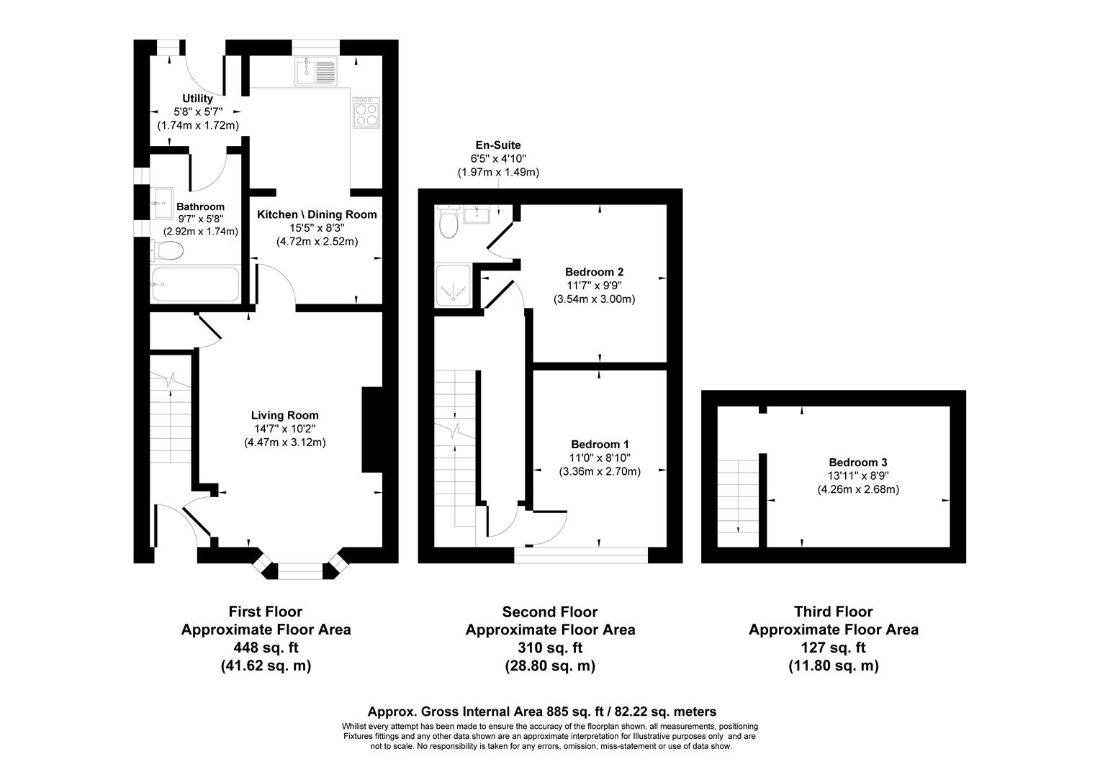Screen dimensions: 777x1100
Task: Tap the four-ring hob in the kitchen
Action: tap(366, 112)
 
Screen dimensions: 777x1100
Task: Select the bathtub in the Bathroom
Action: tap(195, 284)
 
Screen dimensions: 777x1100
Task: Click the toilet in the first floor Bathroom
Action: tap(168, 251)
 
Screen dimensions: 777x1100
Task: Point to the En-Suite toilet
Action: tap(448, 223)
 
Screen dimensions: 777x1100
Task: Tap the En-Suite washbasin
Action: tap(477, 214)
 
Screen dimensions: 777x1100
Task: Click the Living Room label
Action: tap(284, 415)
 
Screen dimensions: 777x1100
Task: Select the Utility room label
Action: tap(197, 99)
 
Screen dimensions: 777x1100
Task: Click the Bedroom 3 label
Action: tap(857, 463)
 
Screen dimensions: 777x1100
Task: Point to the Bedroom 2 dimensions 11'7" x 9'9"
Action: tap(594, 286)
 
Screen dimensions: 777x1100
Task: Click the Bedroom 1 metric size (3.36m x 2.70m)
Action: tap(600, 472)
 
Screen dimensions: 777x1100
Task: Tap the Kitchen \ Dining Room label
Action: tap(317, 214)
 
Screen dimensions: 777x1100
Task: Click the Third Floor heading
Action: tap(833, 612)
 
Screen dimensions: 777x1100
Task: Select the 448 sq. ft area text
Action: tap(266, 647)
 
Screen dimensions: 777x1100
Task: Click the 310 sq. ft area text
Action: tap(550, 647)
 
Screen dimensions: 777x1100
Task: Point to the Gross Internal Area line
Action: tap(541, 712)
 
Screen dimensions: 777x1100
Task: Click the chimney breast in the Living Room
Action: tap(371, 430)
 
